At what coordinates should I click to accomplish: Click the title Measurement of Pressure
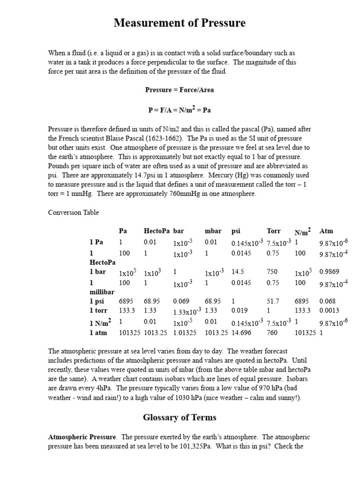click(180, 23)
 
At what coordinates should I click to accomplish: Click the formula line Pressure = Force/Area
click(180, 90)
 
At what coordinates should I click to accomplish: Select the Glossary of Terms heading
click(180, 417)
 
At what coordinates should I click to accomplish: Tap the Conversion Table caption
click(74, 212)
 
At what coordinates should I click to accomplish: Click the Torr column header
click(273, 231)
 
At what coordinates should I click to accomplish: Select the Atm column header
click(326, 231)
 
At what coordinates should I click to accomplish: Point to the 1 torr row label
click(98, 310)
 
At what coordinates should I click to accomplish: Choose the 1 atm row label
click(98, 333)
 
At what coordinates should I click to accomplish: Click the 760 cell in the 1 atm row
click(272, 333)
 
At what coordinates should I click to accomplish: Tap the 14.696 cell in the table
click(241, 333)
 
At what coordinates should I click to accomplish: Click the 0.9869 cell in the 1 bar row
click(329, 271)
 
